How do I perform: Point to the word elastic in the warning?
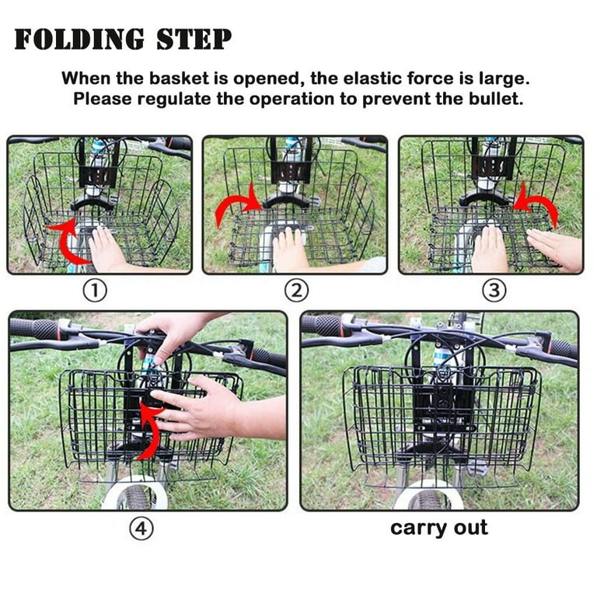(365, 79)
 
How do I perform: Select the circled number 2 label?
(295, 291)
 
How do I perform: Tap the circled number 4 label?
(141, 529)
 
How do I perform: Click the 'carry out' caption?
(438, 528)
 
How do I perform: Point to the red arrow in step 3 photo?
(537, 204)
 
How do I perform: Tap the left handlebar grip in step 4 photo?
(36, 329)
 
